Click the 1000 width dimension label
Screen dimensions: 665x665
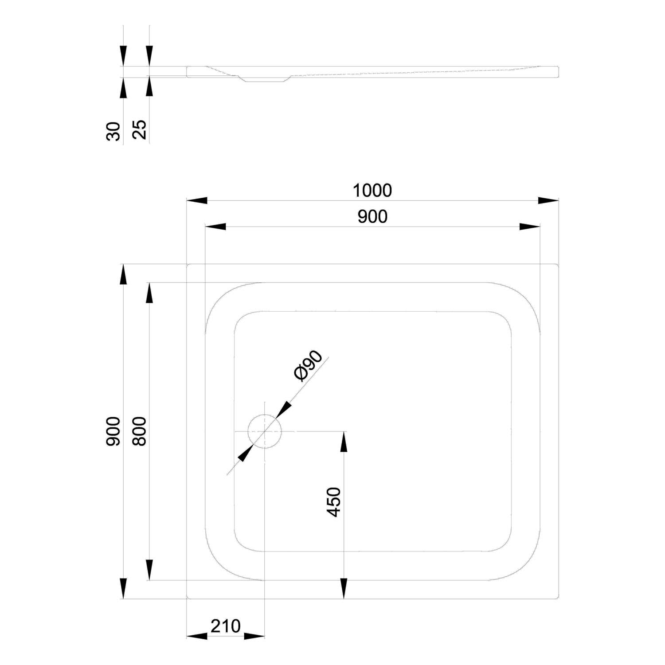372,190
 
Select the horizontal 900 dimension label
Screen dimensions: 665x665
372,216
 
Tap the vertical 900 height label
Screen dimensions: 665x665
113,431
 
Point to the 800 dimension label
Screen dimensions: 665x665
139,431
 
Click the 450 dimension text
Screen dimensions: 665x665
334,502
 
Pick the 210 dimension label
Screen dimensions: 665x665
225,626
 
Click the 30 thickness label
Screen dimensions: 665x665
113,131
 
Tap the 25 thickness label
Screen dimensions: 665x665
139,131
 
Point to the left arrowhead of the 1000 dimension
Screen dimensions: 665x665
197,200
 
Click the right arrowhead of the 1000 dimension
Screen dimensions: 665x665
548,200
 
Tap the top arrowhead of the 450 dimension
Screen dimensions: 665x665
344,442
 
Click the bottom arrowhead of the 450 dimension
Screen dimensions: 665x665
344,588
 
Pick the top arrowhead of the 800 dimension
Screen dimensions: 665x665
149,293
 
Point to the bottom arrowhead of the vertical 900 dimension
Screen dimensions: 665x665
123,588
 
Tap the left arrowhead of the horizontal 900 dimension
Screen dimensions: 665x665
215,227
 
